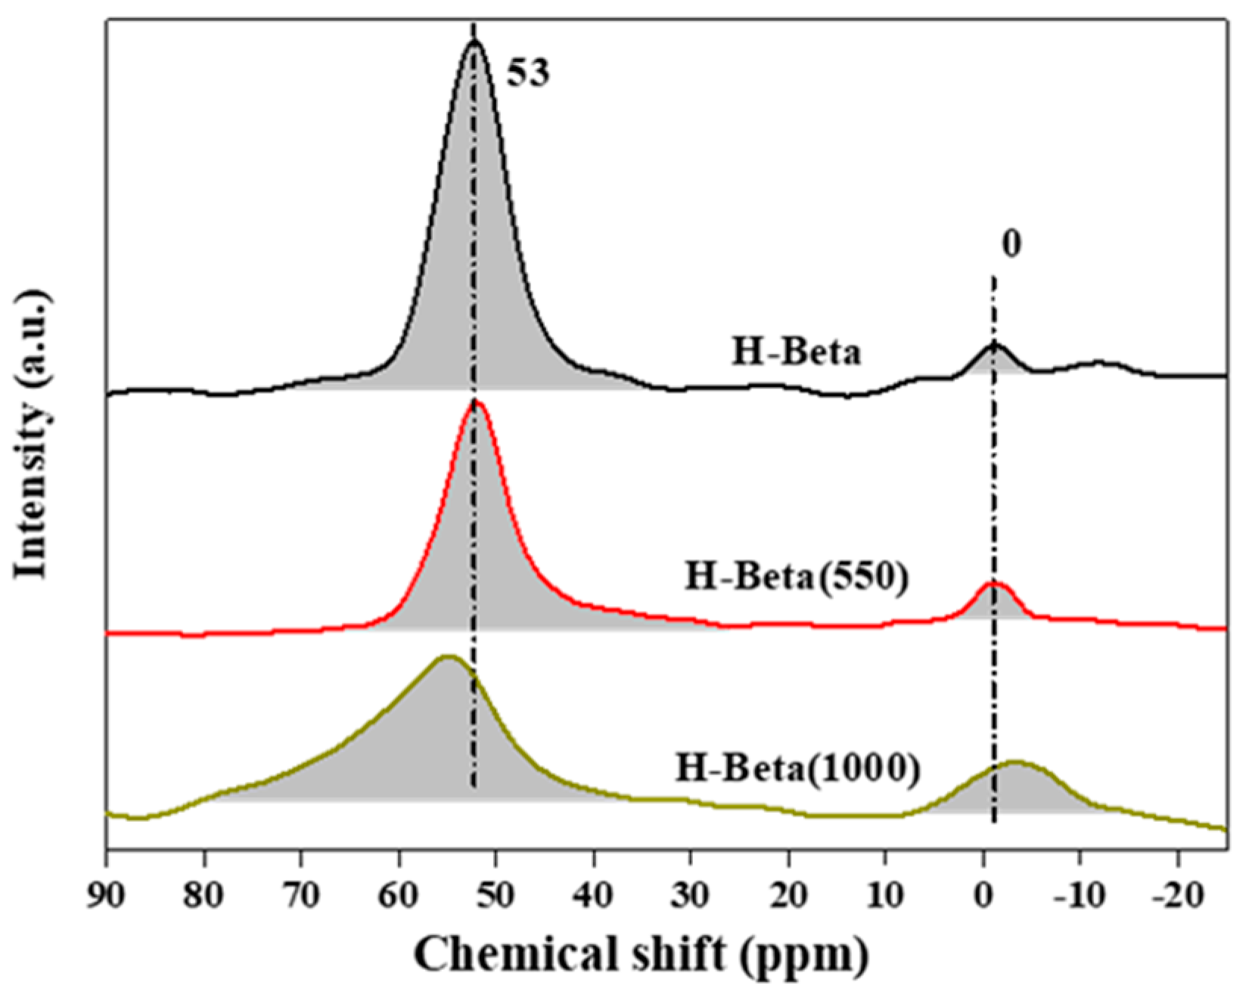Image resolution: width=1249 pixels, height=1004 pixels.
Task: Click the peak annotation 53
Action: (527, 74)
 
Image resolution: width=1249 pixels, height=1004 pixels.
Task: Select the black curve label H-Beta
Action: (796, 352)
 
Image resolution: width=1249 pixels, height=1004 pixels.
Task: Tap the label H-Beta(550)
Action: (796, 578)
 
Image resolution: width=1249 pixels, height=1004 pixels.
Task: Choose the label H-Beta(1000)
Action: (798, 770)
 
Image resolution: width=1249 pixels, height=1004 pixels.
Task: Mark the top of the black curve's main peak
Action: (474, 42)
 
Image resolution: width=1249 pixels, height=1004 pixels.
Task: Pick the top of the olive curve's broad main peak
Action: (447, 657)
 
